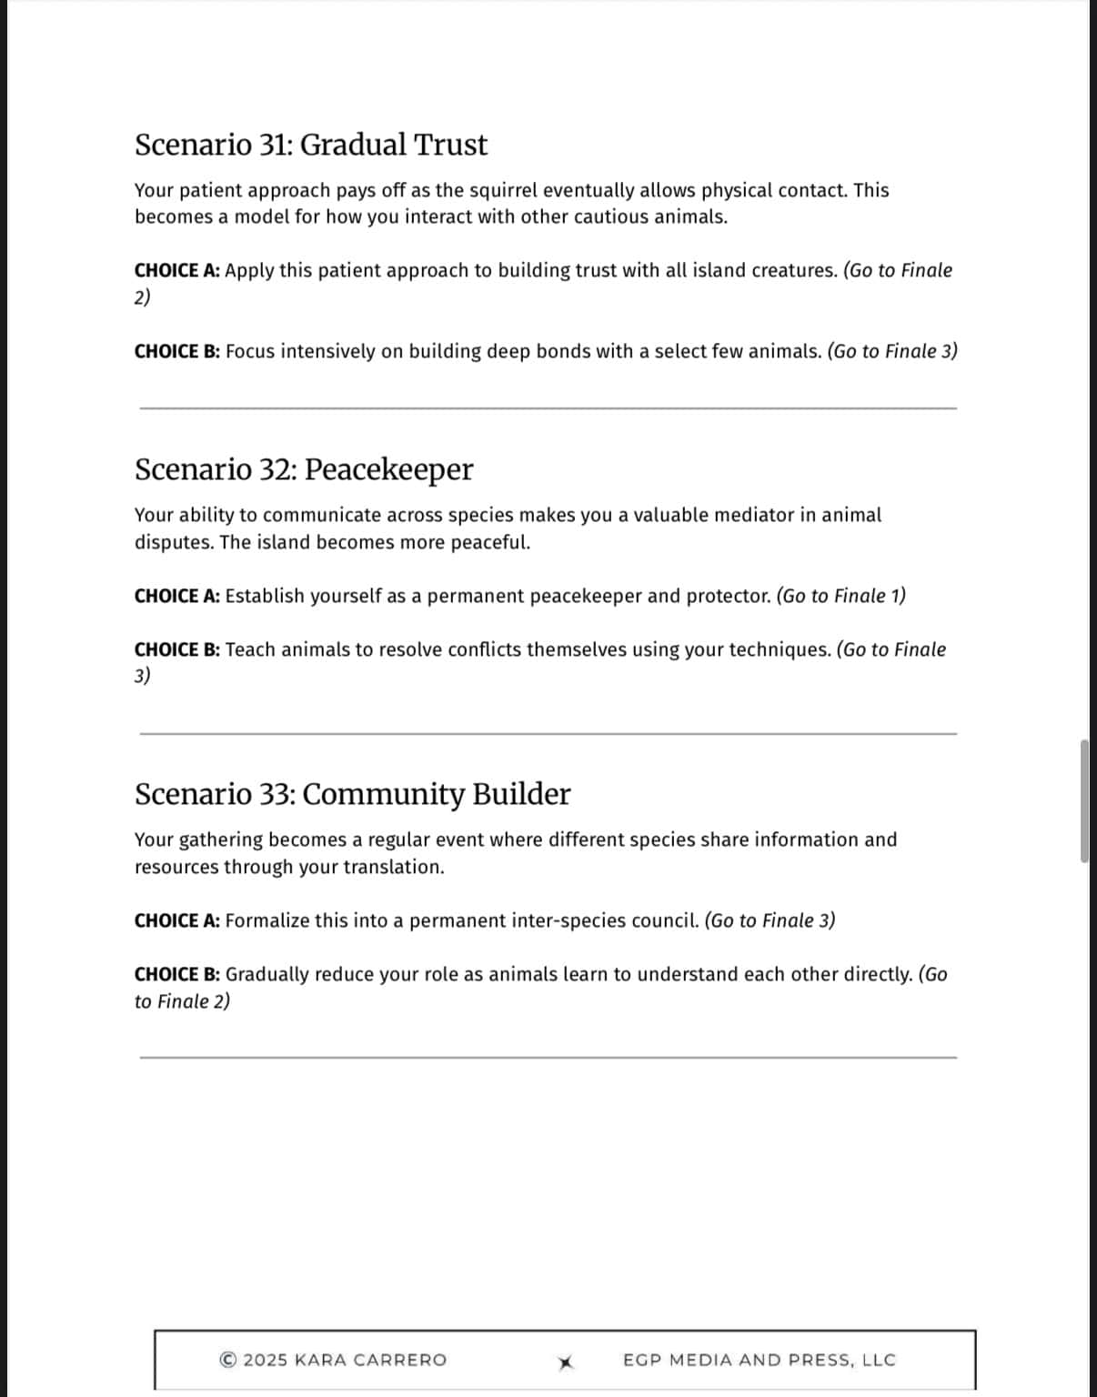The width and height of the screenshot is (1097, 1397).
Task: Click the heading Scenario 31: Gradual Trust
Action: point(310,145)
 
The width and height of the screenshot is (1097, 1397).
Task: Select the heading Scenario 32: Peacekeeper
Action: point(304,469)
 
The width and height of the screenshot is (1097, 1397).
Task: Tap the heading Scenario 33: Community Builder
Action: point(352,794)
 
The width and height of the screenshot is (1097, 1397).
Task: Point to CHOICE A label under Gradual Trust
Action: point(176,270)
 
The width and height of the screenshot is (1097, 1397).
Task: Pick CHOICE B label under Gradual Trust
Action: point(176,351)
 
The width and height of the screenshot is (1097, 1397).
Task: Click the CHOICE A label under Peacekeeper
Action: point(176,596)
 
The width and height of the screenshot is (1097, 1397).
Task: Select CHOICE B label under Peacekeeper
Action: point(176,649)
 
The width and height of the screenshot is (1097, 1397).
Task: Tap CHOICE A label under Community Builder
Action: point(176,920)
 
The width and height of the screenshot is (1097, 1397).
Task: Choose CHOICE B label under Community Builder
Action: point(176,974)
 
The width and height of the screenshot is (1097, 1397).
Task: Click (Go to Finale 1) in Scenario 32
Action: point(840,596)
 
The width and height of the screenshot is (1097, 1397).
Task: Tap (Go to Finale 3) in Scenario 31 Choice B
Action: point(891,351)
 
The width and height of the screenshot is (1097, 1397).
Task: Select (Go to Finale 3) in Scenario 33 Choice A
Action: point(770,920)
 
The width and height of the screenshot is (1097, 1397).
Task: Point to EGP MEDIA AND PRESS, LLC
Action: point(759,1360)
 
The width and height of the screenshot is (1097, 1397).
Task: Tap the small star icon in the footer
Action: point(566,1362)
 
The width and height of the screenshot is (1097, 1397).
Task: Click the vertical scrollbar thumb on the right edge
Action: point(1084,800)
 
